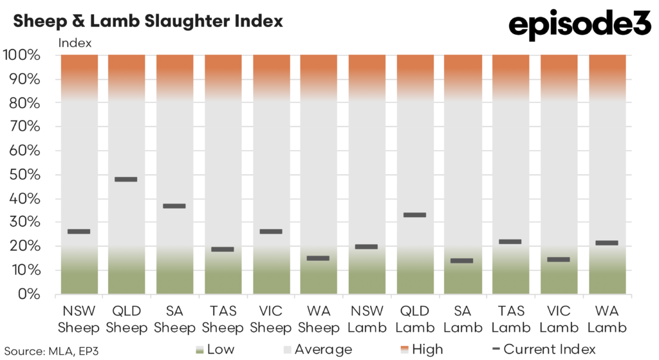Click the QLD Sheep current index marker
pos(126,179)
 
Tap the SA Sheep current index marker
pos(174,206)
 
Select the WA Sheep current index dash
pos(318,258)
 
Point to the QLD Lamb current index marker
pos(414,214)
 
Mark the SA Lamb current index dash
pos(462,261)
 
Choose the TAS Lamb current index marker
pos(510,242)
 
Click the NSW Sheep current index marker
pos(79,231)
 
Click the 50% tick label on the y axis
pos(26,175)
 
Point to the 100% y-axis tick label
pos(23,55)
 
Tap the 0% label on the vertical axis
pos(30,294)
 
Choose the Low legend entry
pos(216,350)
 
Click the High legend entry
pos(422,350)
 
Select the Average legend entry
pos(319,350)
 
